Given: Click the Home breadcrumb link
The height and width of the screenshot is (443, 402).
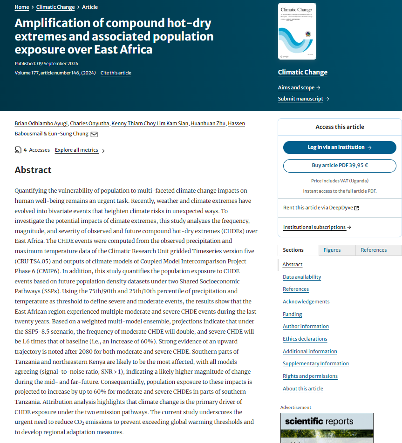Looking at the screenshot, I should pyautogui.click(x=21, y=7).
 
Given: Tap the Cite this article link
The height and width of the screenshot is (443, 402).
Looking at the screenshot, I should pyautogui.click(x=116, y=73).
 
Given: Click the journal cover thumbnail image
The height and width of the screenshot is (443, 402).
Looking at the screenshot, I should pyautogui.click(x=297, y=31).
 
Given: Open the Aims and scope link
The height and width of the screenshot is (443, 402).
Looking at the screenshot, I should pyautogui.click(x=296, y=87).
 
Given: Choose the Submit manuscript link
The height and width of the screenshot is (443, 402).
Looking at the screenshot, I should pyautogui.click(x=300, y=99).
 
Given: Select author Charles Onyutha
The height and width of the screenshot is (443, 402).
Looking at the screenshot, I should pyautogui.click(x=90, y=123).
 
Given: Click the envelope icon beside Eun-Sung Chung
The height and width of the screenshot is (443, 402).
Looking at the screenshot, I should pyautogui.click(x=94, y=134).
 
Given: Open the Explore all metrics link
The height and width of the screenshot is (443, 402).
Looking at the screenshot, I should pyautogui.click(x=77, y=150).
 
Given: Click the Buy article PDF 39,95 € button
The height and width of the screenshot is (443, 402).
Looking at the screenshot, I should pyautogui.click(x=340, y=166).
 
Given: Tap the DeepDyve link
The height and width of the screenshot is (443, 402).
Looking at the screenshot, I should pyautogui.click(x=341, y=208).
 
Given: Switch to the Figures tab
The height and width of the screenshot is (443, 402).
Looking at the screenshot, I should pyautogui.click(x=332, y=250).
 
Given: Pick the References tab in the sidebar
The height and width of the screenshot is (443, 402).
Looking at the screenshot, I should pyautogui.click(x=374, y=250).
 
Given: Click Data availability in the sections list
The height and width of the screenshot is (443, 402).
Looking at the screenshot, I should pyautogui.click(x=302, y=277).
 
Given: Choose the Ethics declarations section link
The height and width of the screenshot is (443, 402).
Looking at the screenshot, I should pyautogui.click(x=305, y=339).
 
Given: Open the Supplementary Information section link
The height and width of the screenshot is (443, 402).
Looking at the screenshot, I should pyautogui.click(x=315, y=363).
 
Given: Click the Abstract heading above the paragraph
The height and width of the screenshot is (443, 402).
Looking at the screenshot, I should pyautogui.click(x=33, y=170).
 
